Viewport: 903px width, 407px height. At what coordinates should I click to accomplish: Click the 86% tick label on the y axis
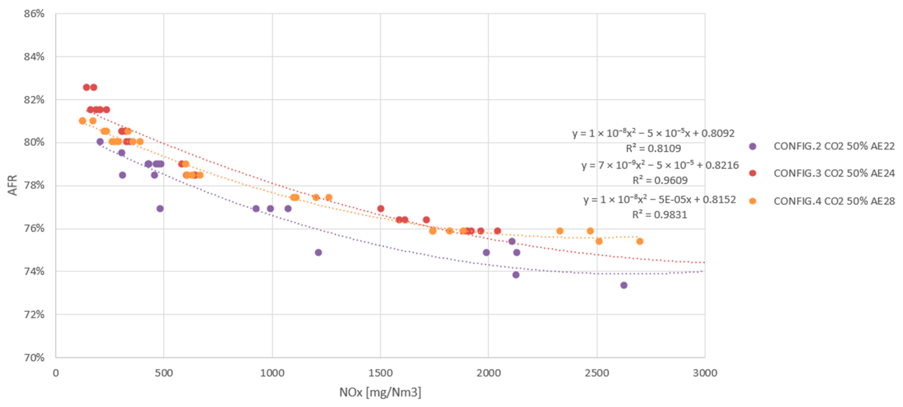tap(34, 14)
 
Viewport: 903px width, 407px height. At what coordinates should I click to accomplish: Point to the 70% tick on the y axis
tap(34, 357)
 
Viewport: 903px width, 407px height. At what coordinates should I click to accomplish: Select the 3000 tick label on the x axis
tap(705, 373)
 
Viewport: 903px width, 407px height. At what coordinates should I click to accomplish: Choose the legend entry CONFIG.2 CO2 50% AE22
tap(834, 146)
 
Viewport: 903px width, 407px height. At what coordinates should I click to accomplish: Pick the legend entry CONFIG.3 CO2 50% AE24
tap(834, 173)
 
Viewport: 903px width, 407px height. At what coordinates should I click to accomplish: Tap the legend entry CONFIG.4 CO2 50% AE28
tap(834, 201)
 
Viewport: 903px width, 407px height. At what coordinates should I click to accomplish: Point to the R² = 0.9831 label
tap(659, 215)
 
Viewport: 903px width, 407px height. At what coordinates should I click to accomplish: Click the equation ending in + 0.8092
tap(653, 133)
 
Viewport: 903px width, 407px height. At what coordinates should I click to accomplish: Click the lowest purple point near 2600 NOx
tap(624, 285)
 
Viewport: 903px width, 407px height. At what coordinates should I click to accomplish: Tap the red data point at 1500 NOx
tap(381, 209)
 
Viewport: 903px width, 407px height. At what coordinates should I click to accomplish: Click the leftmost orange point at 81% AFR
tap(82, 121)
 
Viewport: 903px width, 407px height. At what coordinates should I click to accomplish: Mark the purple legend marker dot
tap(752, 146)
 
